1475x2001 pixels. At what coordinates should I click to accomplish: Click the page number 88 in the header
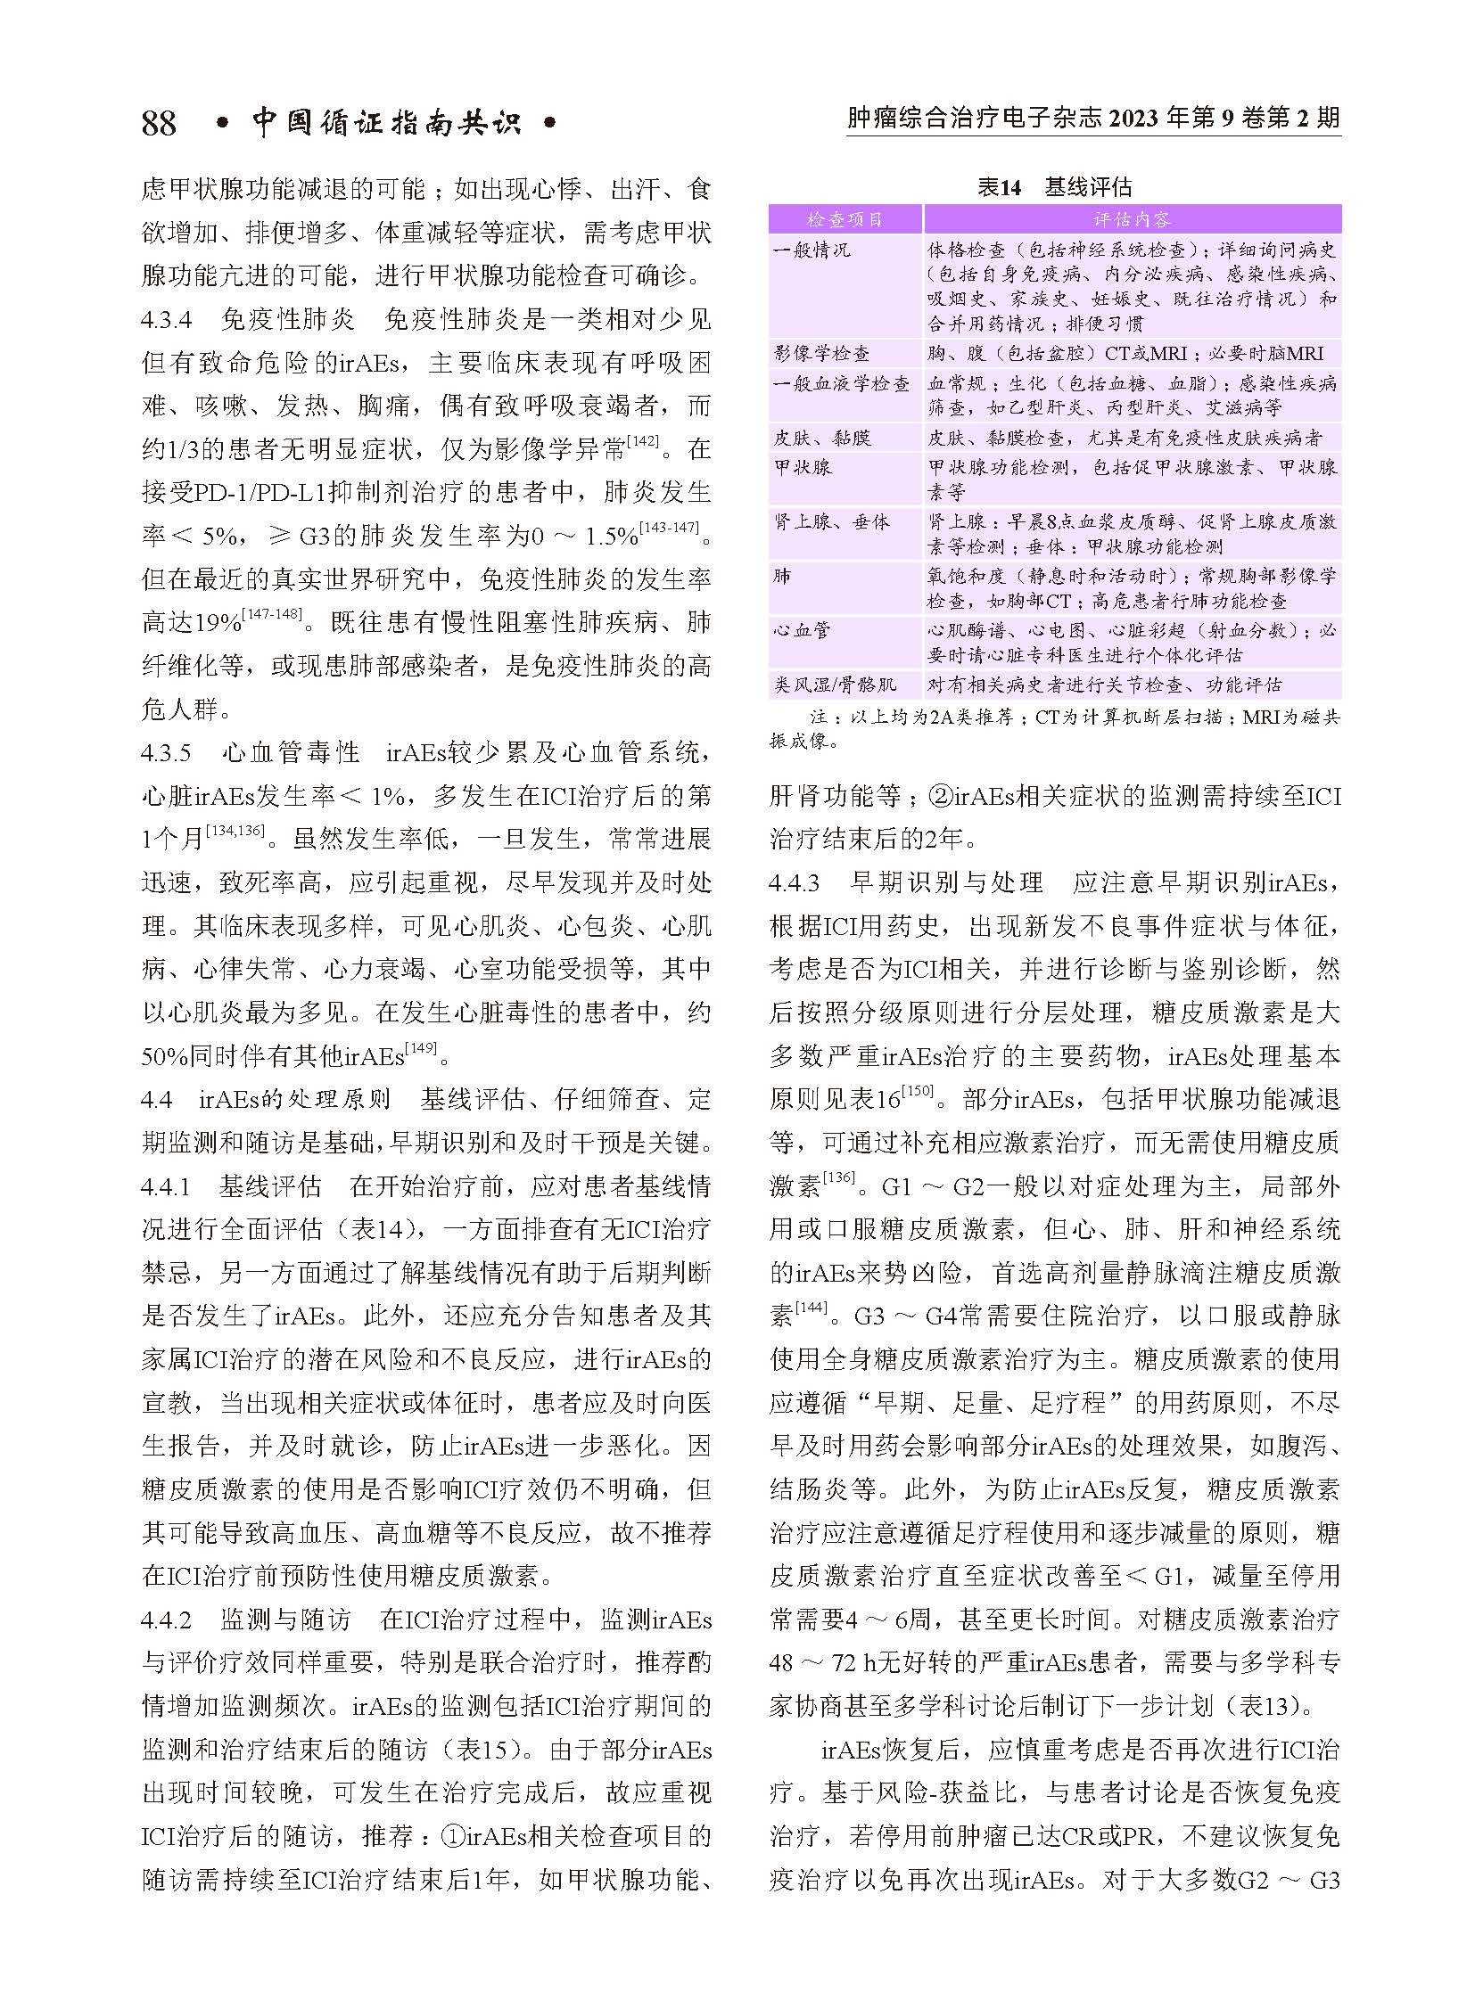click(159, 122)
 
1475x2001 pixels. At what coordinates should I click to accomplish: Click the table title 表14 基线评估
click(1053, 187)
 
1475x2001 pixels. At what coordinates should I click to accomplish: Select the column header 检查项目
click(845, 219)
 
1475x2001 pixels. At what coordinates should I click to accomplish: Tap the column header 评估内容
click(1132, 219)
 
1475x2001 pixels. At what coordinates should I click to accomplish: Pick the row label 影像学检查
click(821, 354)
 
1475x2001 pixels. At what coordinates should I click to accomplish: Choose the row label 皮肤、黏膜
click(821, 438)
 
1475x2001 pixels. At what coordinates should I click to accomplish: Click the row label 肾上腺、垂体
click(831, 521)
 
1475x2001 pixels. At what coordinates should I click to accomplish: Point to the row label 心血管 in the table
click(802, 630)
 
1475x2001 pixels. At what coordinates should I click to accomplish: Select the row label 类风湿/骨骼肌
click(835, 685)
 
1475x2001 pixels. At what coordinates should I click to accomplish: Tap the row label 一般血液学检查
click(841, 384)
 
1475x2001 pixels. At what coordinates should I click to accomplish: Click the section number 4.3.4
click(166, 319)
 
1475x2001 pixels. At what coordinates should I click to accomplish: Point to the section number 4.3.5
click(166, 752)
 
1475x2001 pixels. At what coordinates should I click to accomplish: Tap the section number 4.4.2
click(166, 1619)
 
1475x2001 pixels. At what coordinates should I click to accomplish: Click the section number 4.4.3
click(794, 882)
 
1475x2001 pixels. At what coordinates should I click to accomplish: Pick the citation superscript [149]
click(421, 1050)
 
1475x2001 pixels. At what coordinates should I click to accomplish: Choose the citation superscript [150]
click(917, 1092)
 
